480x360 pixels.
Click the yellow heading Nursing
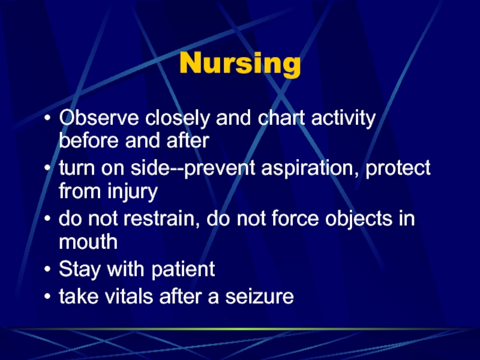point(240,64)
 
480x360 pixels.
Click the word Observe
point(99,117)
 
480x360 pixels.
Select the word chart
point(281,117)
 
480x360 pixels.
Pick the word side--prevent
point(193,169)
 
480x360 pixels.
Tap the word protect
point(398,169)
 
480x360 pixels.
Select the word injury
point(133,191)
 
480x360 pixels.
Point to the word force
point(295,218)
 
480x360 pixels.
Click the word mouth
point(88,242)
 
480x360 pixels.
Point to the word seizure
point(260,296)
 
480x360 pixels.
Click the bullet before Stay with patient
point(47,269)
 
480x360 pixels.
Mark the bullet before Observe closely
point(47,118)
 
